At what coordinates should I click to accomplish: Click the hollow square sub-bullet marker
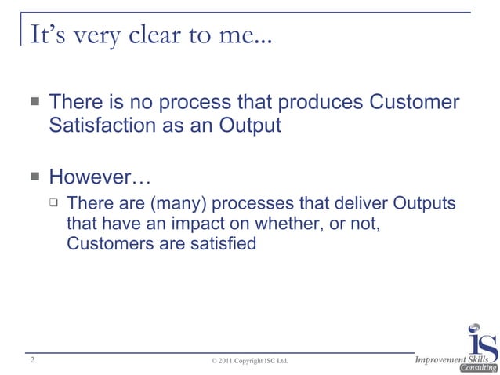tap(53, 203)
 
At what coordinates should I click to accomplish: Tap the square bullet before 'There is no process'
tap(35, 103)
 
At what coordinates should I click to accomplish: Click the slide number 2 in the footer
tap(31, 360)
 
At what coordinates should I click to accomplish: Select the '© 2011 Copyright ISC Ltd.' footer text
tap(250, 362)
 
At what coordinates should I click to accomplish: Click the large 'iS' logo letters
tap(481, 339)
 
